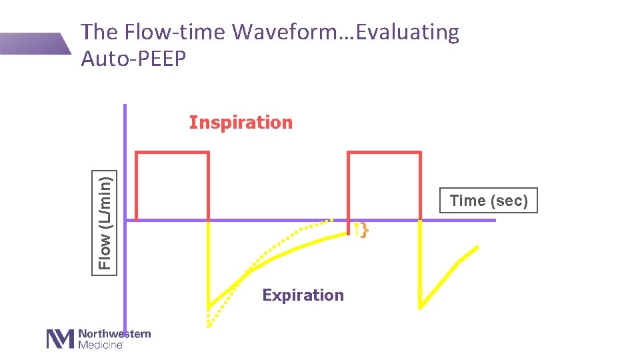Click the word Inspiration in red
coord(241,123)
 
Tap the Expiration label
coord(303,295)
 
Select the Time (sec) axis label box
coord(489,201)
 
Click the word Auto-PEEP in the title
coord(133,59)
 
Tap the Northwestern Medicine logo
coord(98,338)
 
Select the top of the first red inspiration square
coord(172,152)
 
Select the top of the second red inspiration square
coord(384,152)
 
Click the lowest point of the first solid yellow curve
coord(209,307)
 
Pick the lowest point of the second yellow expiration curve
coord(421,307)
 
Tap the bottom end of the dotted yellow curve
coord(209,325)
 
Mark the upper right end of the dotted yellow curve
coord(331,219)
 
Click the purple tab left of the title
coord(33,43)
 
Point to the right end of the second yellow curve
coord(477,247)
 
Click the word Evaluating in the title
coord(408,32)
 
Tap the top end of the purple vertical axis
coord(125,106)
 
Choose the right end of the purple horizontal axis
coord(495,220)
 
